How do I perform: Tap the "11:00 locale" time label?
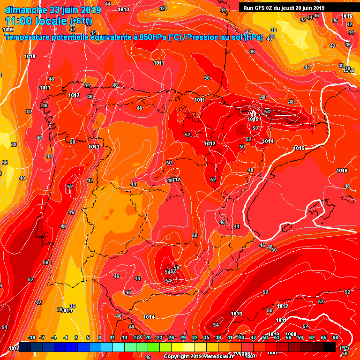[36, 21]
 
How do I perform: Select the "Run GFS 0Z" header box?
[284, 7]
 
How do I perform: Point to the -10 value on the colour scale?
[31, 337]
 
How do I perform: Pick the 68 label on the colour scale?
[336, 337]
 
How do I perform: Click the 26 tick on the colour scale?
[171, 337]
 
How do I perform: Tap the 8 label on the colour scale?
[99, 337]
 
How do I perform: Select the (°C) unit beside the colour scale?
[344, 348]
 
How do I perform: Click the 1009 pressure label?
[8, 30]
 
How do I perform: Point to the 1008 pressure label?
[291, 334]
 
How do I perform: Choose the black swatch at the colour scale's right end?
[330, 347]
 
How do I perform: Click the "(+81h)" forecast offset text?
[81, 22]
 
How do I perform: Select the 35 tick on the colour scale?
[207, 337]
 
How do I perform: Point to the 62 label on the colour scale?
[312, 337]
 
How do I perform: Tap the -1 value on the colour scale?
[65, 337]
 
